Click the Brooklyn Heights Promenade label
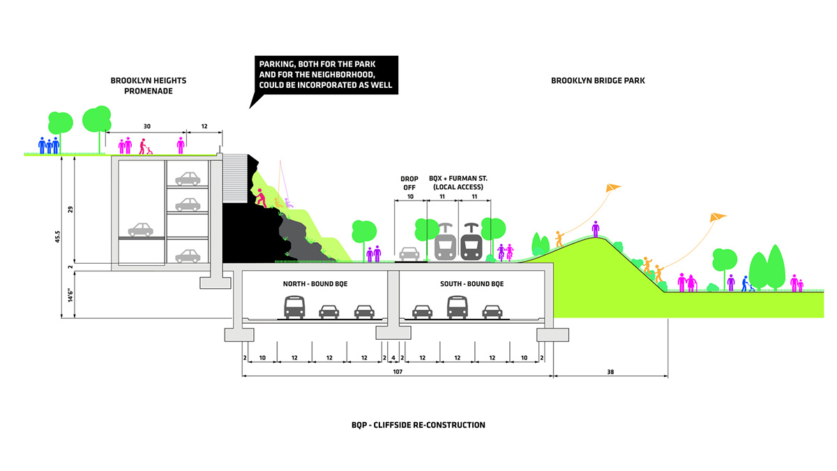(x=148, y=86)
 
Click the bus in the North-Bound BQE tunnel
(x=294, y=307)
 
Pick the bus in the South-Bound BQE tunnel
(x=457, y=307)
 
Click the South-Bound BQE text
(x=472, y=284)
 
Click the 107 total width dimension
(x=397, y=372)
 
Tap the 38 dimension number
(x=611, y=372)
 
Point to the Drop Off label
(x=409, y=184)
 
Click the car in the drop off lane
(x=409, y=253)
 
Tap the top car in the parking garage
(x=188, y=179)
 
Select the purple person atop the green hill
(x=596, y=229)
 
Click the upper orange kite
(x=612, y=188)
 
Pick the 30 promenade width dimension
(x=146, y=126)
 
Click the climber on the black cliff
(x=262, y=198)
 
